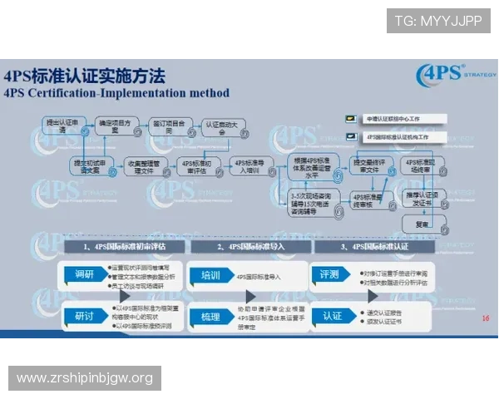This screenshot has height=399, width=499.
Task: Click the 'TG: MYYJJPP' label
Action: click(x=437, y=21)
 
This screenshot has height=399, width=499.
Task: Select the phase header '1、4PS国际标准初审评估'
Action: click(x=125, y=247)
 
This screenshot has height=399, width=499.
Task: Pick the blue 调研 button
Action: click(x=84, y=274)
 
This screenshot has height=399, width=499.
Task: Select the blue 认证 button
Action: click(x=333, y=316)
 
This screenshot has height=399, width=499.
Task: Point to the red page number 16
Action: click(x=486, y=318)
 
